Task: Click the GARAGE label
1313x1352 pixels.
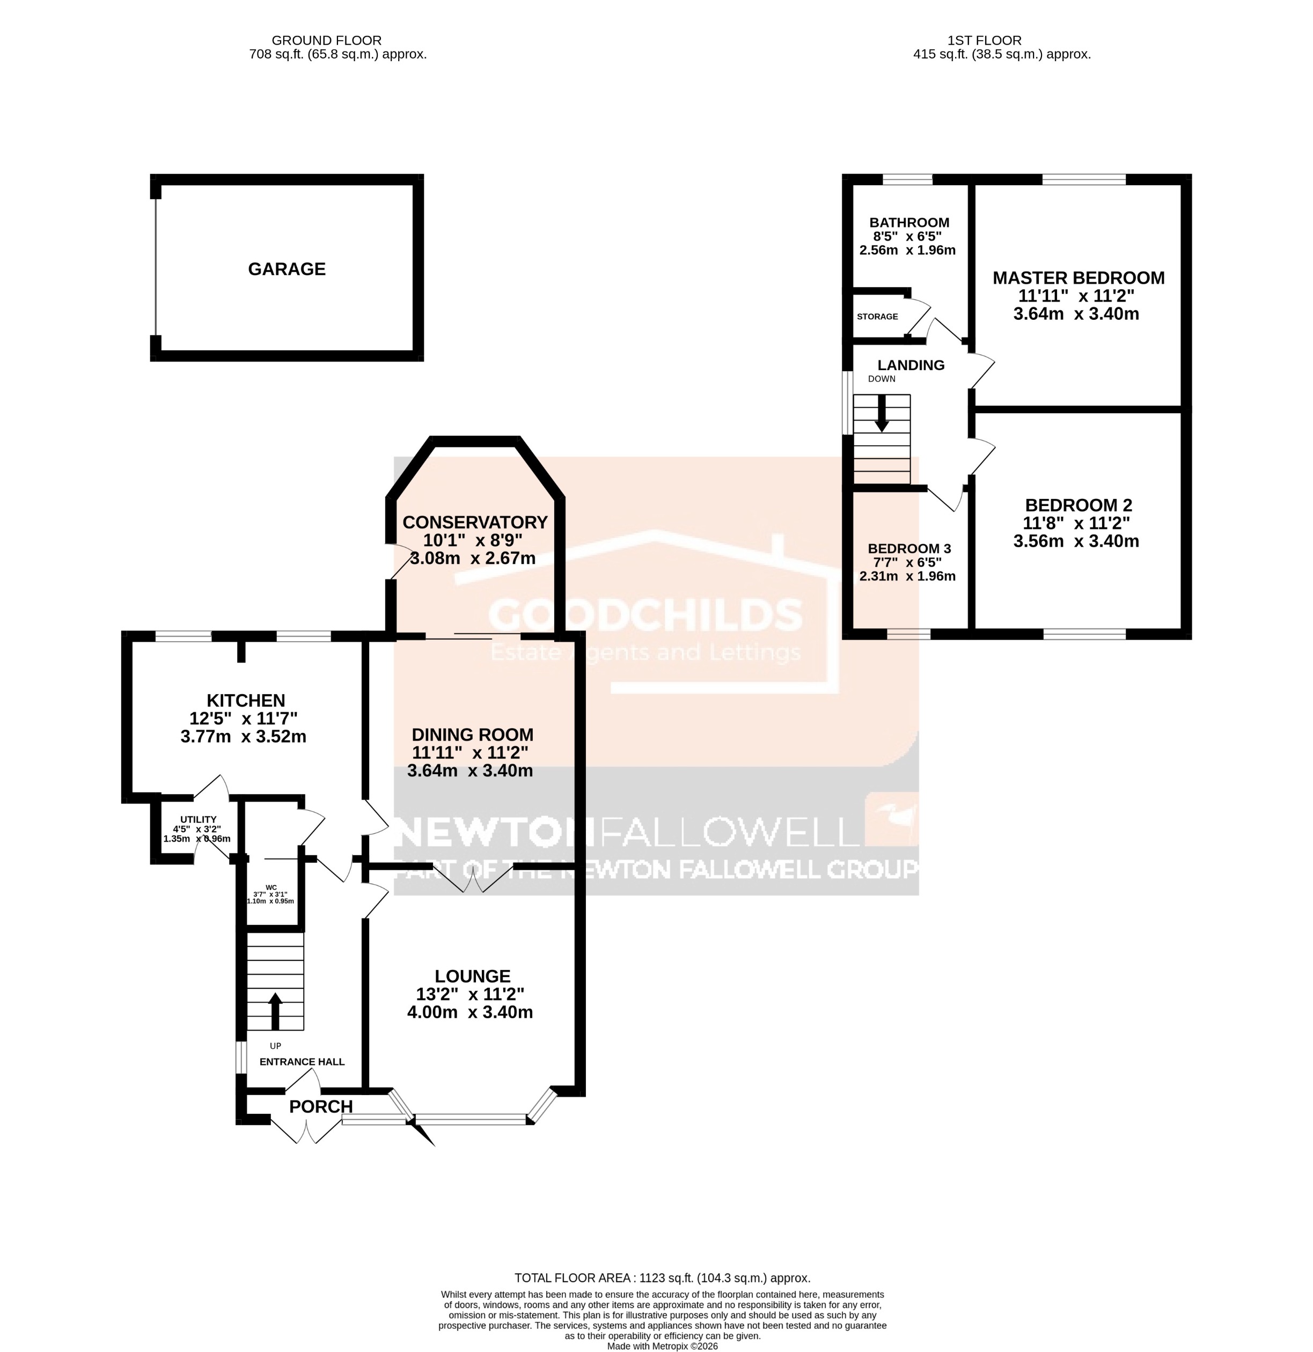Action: click(x=287, y=269)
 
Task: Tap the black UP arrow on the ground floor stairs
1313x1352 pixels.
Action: click(x=275, y=1011)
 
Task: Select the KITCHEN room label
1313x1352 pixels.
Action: click(x=246, y=700)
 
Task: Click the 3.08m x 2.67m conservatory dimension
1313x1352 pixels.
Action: click(x=473, y=558)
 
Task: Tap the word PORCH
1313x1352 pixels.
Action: click(x=321, y=1106)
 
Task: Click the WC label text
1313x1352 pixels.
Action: click(x=271, y=887)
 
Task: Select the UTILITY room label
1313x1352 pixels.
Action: click(x=198, y=819)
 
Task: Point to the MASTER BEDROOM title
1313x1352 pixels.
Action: click(x=1078, y=278)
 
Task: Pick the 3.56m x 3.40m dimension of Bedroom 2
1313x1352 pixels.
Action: click(x=1076, y=541)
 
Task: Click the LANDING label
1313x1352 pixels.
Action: click(x=911, y=365)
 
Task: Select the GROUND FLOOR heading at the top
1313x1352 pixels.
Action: click(x=326, y=41)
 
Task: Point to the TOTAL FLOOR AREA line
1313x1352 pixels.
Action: click(x=662, y=1278)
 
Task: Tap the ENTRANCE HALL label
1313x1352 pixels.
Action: click(x=302, y=1062)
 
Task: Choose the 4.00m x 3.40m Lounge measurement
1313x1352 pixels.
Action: click(x=470, y=1012)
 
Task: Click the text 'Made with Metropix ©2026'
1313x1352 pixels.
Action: click(x=662, y=1346)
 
